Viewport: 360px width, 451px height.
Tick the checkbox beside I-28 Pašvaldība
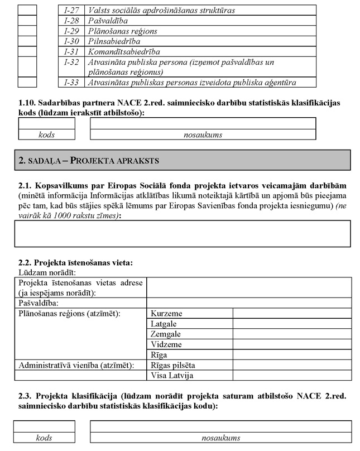pyautogui.click(x=26, y=20)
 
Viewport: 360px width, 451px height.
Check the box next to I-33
pyautogui.click(x=26, y=82)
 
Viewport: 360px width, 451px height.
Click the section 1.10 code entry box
pyautogui.click(x=46, y=123)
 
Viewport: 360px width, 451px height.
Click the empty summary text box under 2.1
pyautogui.click(x=183, y=233)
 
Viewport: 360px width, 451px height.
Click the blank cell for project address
pyautogui.click(x=249, y=287)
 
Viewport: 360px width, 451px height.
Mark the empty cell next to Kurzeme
pyautogui.click(x=291, y=313)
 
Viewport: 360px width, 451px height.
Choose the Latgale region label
pyautogui.click(x=164, y=324)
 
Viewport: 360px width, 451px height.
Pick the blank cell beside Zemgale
pyautogui.click(x=291, y=334)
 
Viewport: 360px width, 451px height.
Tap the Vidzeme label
pyautogui.click(x=166, y=344)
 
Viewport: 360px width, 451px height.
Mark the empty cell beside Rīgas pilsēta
pyautogui.click(x=291, y=365)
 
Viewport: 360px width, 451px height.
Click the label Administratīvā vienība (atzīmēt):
pyautogui.click(x=77, y=365)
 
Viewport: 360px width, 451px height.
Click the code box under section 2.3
pyautogui.click(x=44, y=427)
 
